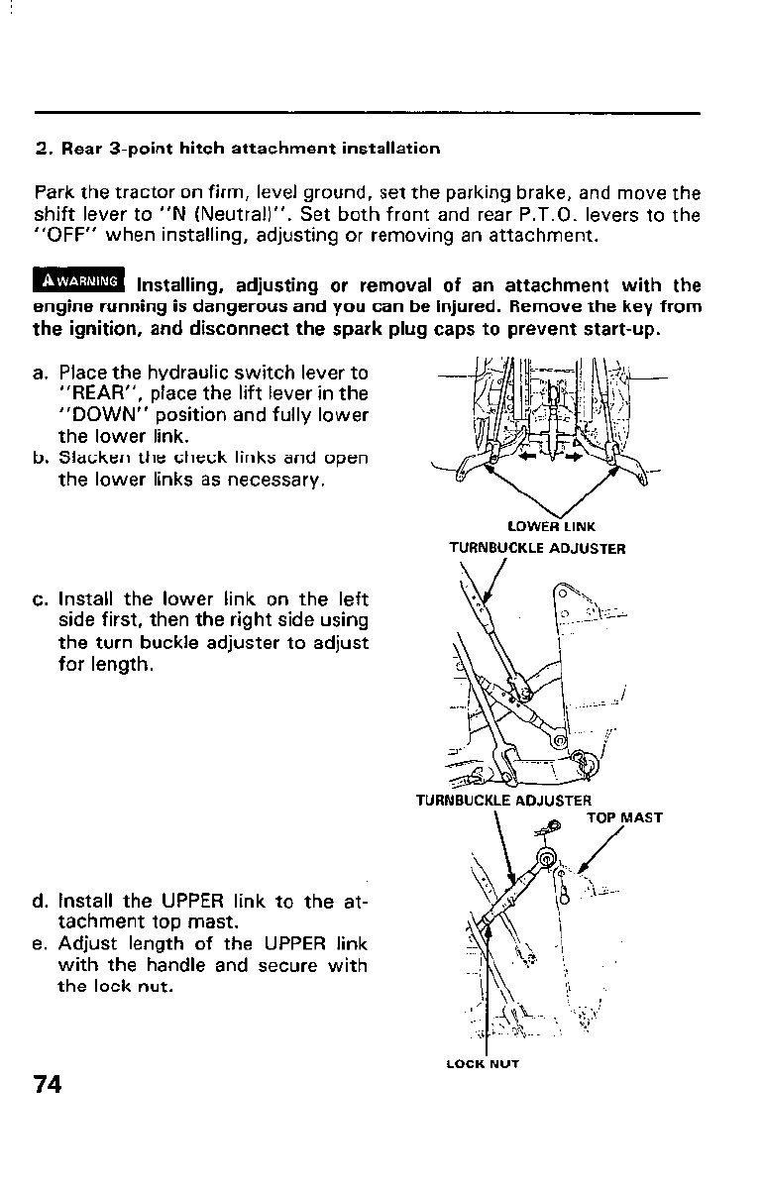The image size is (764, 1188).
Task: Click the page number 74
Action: [48, 1084]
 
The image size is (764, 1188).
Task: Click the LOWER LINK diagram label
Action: [551, 526]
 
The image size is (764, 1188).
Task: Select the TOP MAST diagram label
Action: [624, 818]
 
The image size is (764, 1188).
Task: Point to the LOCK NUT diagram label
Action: [483, 1065]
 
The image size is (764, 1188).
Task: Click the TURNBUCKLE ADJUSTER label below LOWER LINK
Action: [537, 547]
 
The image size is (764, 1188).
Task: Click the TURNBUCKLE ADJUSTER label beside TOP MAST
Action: [504, 801]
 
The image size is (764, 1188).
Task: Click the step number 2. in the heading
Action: [42, 149]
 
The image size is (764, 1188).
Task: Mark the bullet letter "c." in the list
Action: [41, 600]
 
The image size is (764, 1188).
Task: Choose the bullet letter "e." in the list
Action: [41, 944]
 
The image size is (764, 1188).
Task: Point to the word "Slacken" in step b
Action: [87, 459]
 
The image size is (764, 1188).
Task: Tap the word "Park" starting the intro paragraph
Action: [52, 191]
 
